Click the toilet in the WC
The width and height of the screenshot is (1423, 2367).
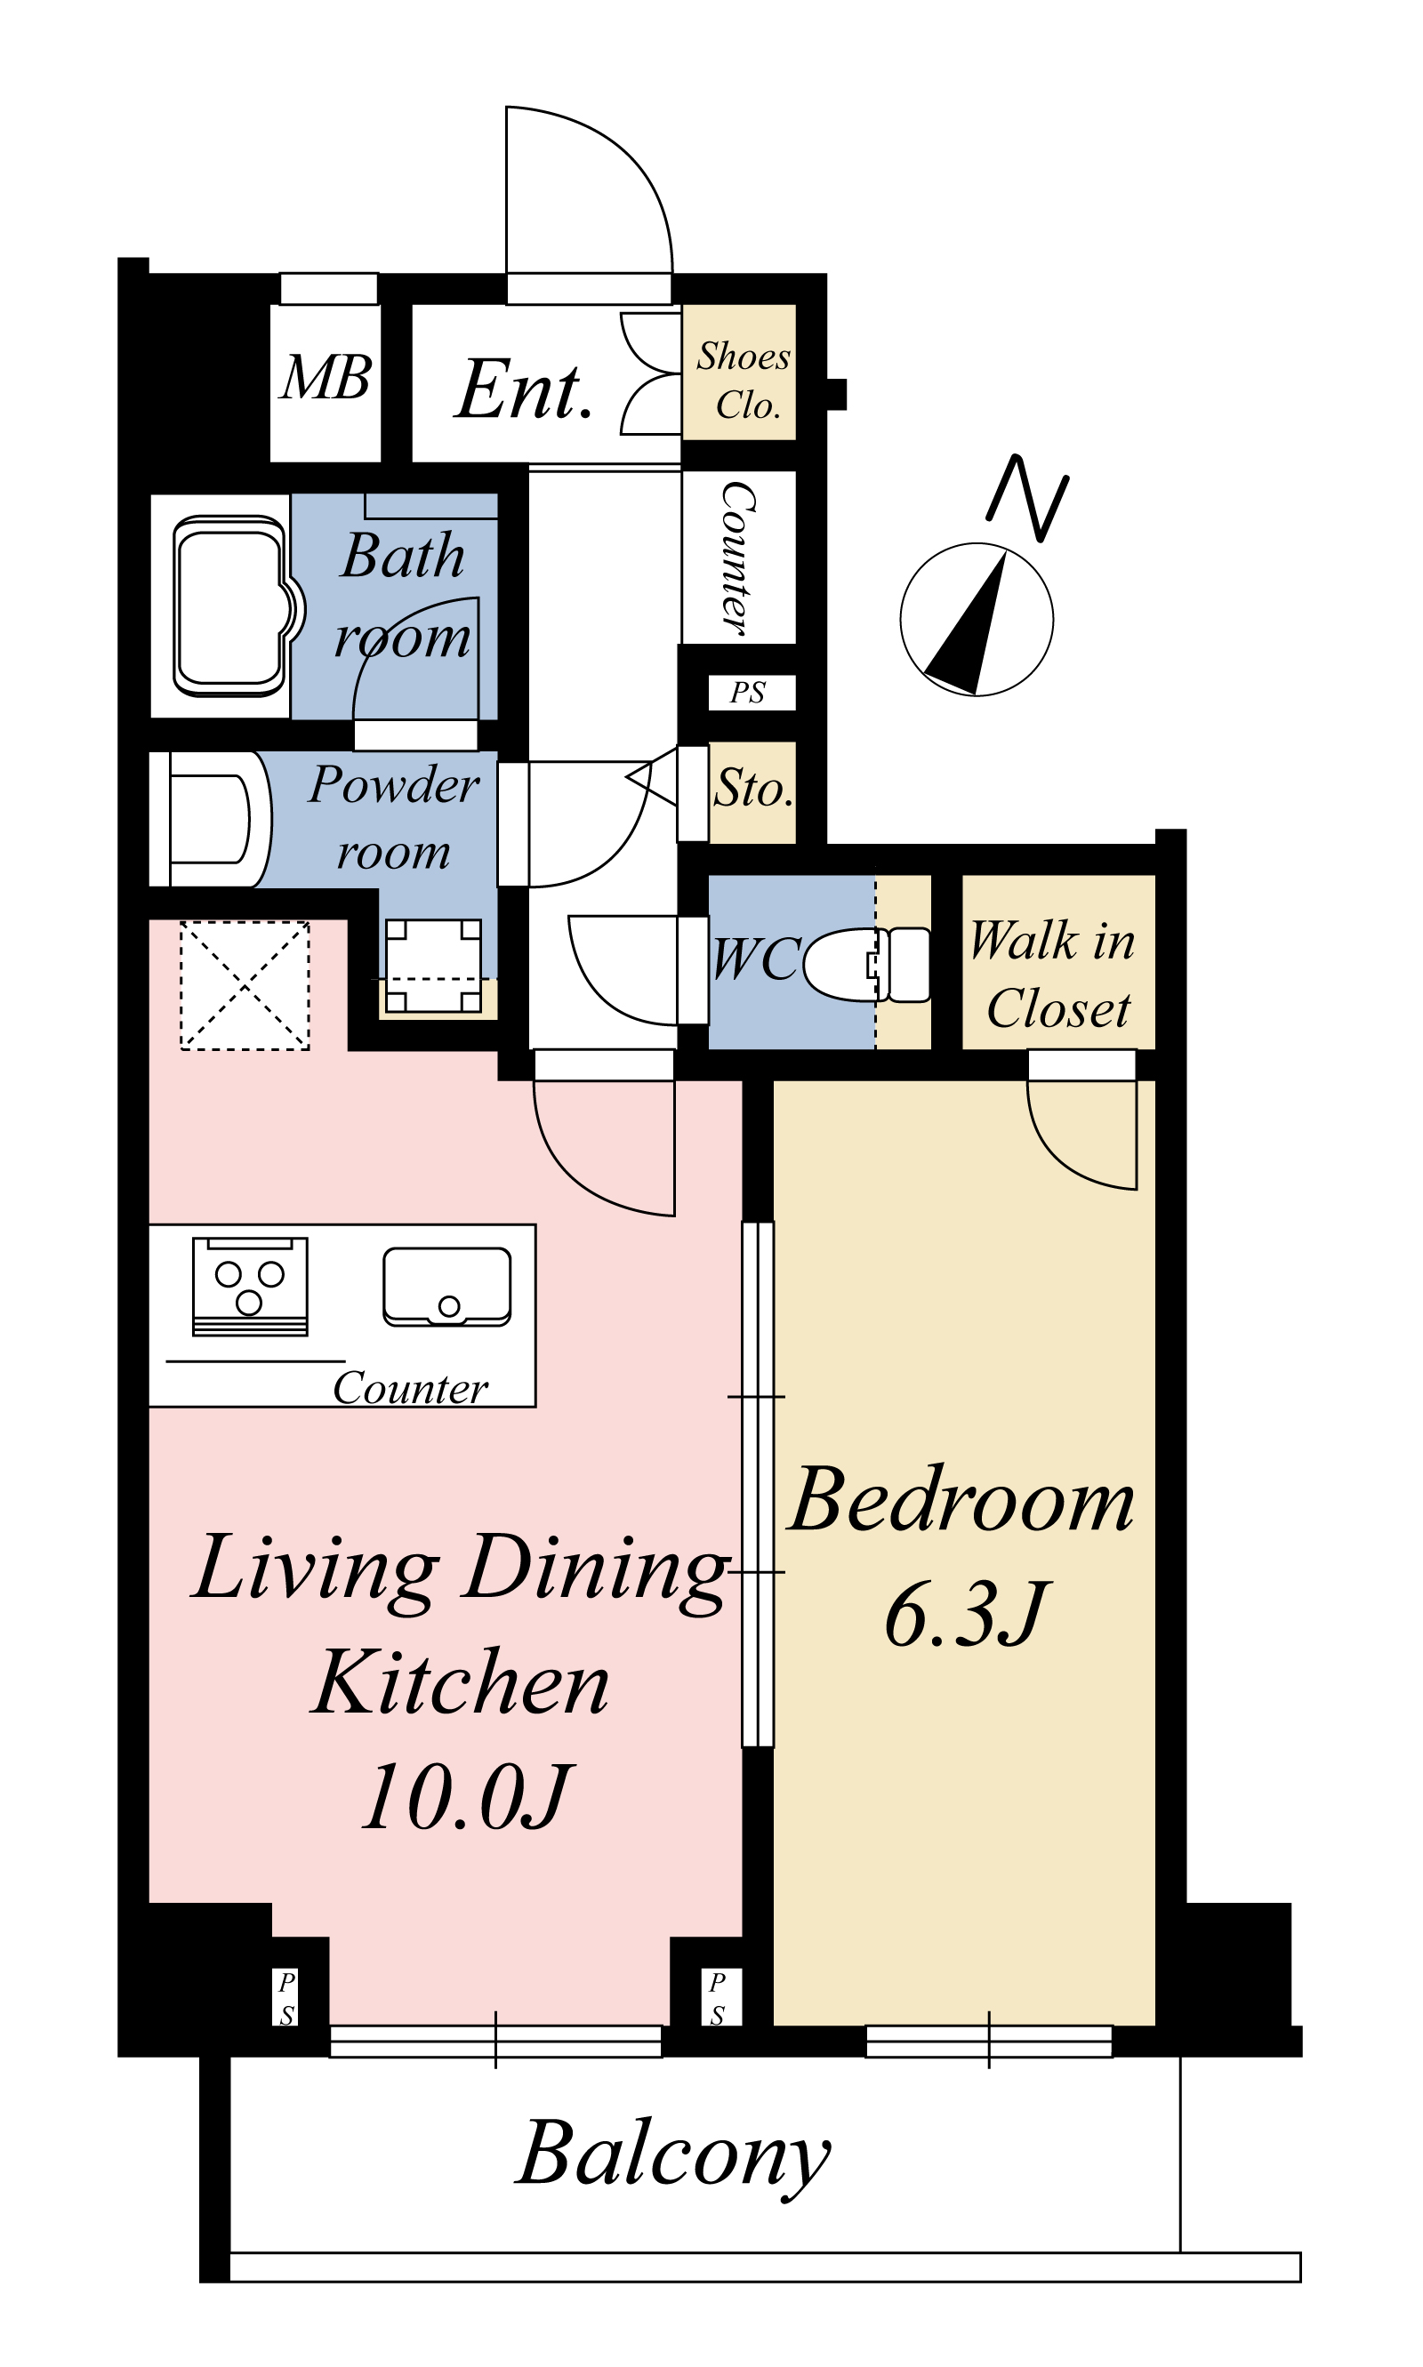pyautogui.click(x=866, y=965)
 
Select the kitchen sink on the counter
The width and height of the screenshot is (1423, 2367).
pyautogui.click(x=446, y=1287)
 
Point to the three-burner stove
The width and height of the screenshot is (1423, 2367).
pyautogui.click(x=250, y=1286)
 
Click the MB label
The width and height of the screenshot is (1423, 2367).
pyautogui.click(x=326, y=377)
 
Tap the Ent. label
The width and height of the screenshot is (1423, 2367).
pyautogui.click(x=524, y=389)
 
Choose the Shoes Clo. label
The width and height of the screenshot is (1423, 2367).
pyautogui.click(x=744, y=380)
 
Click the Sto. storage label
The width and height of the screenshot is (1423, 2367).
pyautogui.click(x=753, y=788)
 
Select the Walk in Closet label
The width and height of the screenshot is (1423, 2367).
pyautogui.click(x=1053, y=973)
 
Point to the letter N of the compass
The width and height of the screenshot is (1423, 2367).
pyautogui.click(x=1028, y=498)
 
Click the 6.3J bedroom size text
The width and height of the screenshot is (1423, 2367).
pyautogui.click(x=967, y=1615)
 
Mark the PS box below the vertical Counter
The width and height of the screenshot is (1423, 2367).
pyautogui.click(x=752, y=692)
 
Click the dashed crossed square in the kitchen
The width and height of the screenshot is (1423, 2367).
pyautogui.click(x=245, y=985)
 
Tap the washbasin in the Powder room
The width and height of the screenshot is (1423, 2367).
pyautogui.click(x=211, y=820)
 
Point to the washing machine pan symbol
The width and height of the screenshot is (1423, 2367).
pyautogui.click(x=433, y=966)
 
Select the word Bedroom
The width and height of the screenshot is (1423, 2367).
pyautogui.click(x=961, y=1500)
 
